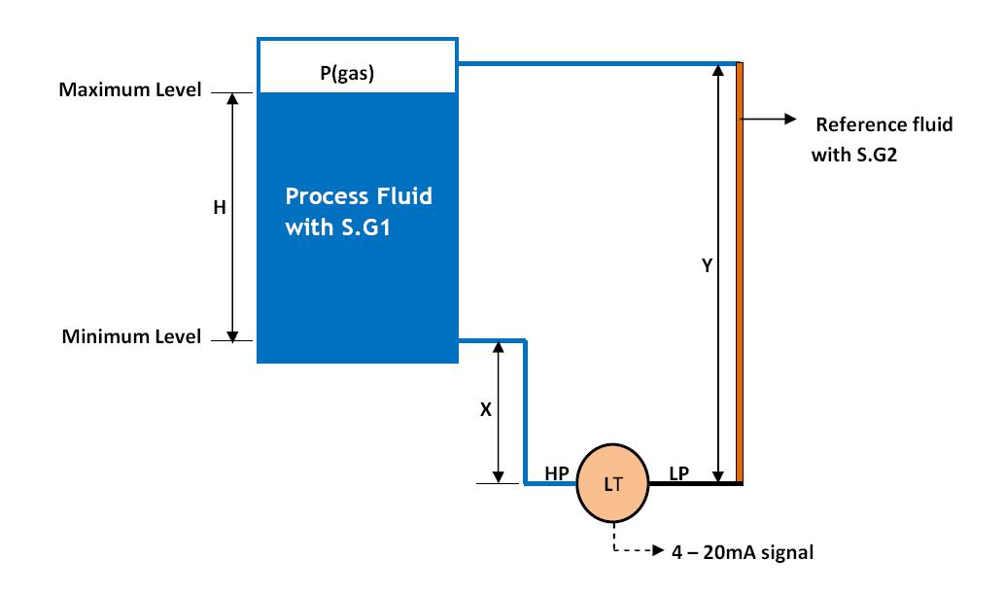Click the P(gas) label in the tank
348,74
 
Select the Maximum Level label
130,90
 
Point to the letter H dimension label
219,207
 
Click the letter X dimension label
486,410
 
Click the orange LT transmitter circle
613,484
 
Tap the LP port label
679,472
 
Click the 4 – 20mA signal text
743,552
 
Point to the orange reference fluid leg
740,292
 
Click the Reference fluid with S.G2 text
883,138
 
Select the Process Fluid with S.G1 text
359,213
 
